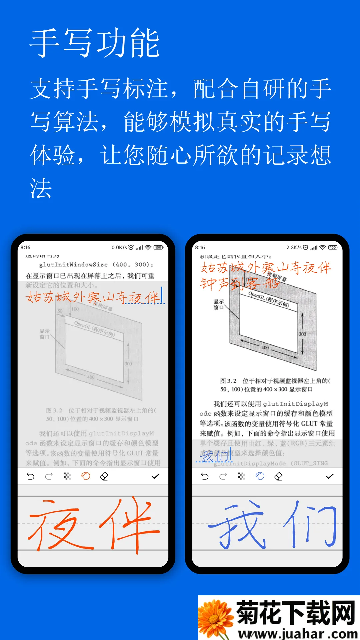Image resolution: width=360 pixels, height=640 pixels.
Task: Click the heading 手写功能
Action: point(95,43)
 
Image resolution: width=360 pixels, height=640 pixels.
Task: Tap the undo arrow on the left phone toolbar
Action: point(30,476)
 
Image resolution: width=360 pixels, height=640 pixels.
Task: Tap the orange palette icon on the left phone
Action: point(86,476)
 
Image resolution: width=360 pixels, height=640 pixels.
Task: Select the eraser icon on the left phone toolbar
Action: point(104,476)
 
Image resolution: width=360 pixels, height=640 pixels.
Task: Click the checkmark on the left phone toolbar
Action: point(155,476)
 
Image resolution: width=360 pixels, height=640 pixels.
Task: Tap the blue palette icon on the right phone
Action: point(260,476)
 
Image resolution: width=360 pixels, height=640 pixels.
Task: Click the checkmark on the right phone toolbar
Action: point(330,476)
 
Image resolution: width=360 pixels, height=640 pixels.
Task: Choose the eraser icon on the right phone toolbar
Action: point(279,476)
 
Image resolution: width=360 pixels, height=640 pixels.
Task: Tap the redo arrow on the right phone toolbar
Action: point(223,476)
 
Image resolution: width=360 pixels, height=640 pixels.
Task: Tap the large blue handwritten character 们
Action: point(310,525)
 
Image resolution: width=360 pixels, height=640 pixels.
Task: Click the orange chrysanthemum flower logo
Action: point(215,618)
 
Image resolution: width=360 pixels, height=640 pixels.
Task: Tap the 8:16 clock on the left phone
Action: point(25,247)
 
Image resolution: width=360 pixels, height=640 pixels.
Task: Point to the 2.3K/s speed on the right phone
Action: point(294,247)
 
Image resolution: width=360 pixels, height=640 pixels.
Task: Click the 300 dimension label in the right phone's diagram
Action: point(302,334)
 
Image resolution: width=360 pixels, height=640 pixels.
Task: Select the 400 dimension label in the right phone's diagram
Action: point(265,347)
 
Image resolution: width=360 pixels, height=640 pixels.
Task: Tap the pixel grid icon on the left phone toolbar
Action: point(67,476)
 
